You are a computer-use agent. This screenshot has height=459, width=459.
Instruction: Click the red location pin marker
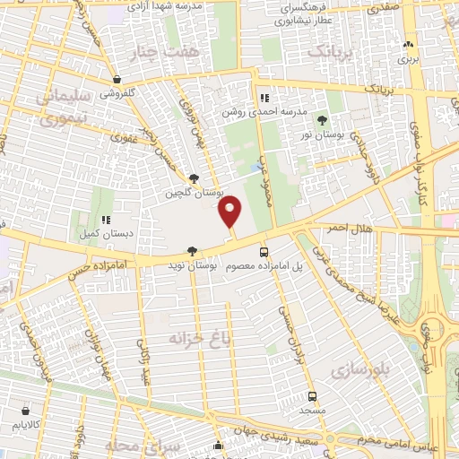point(230,211)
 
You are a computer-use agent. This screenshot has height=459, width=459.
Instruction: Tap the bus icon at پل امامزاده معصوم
point(264,252)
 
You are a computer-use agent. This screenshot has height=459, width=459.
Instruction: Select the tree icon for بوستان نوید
point(191,252)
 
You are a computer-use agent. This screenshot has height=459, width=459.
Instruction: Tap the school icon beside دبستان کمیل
point(106,220)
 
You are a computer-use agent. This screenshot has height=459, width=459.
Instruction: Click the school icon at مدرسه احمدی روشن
point(264,98)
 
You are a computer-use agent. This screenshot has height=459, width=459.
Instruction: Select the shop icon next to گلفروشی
point(117,79)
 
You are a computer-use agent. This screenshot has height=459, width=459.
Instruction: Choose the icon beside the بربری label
point(409,44)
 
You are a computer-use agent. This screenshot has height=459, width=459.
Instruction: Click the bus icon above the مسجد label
point(312,395)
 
